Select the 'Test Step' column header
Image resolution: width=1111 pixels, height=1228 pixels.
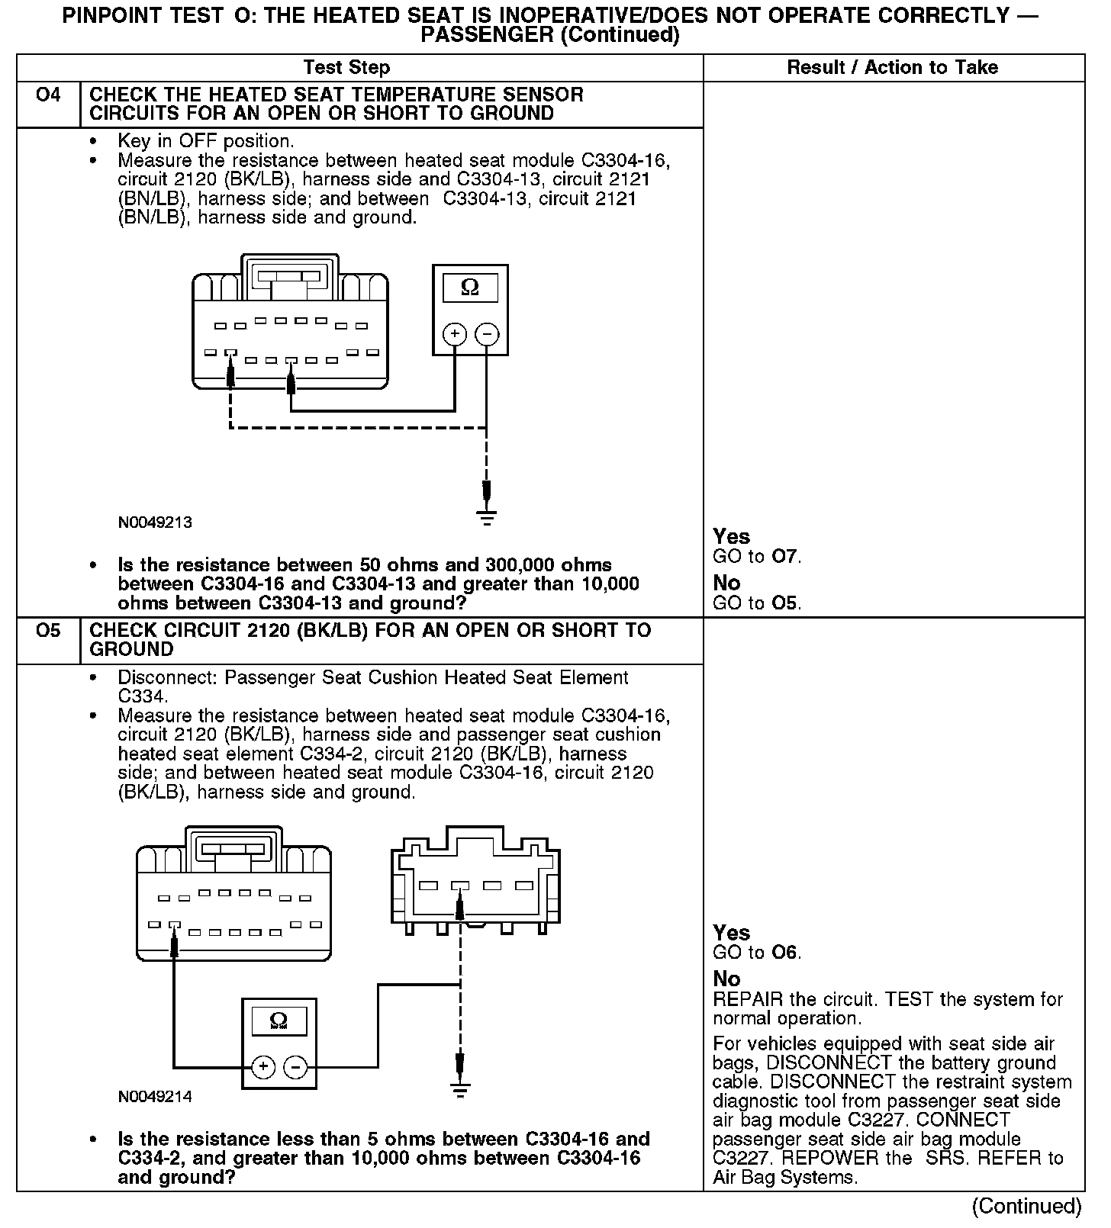346,67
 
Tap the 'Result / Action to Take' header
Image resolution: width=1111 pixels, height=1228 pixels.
892,67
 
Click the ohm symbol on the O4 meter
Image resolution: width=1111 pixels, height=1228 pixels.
470,288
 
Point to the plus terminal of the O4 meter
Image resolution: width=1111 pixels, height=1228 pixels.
455,334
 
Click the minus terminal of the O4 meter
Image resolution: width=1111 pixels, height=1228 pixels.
487,334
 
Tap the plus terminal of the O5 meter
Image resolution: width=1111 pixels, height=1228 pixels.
263,1066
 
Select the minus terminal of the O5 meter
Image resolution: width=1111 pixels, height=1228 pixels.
296,1066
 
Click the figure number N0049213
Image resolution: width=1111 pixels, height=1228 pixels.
155,523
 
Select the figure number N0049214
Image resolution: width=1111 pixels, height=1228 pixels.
155,1097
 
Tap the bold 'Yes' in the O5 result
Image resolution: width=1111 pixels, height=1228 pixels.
731,933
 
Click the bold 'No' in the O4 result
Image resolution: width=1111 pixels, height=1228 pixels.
726,583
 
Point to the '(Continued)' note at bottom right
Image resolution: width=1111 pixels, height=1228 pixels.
1026,1206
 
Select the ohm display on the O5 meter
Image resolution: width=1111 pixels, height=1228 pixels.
279,1021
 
